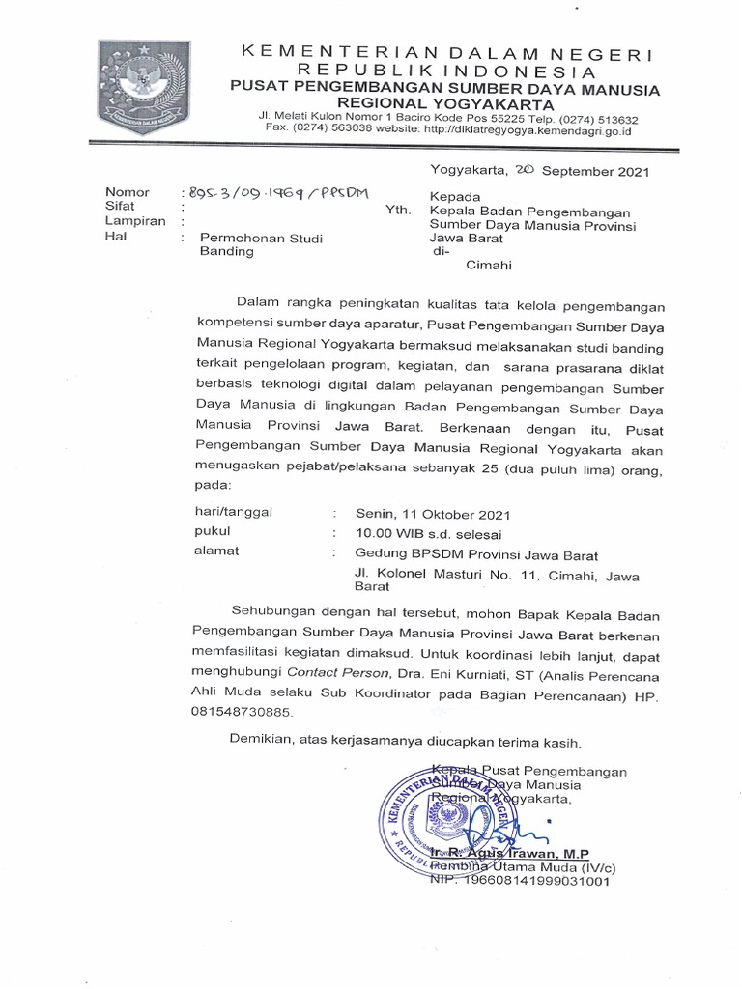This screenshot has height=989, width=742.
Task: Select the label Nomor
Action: [127, 193]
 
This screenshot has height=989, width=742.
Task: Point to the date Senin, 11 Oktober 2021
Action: [433, 515]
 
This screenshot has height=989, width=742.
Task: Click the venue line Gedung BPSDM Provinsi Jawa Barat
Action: [477, 554]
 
